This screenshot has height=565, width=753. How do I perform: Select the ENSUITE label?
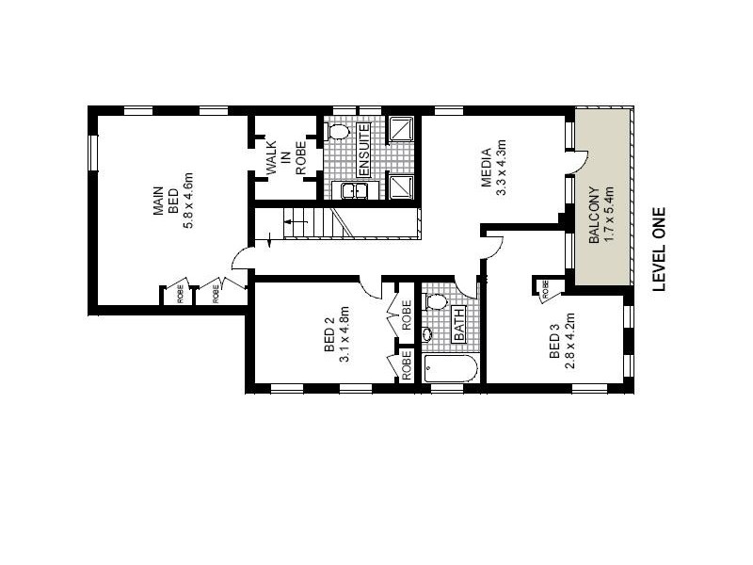click(362, 150)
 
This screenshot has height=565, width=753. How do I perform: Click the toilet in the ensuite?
click(339, 131)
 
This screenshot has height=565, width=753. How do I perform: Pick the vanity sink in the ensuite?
click(354, 191)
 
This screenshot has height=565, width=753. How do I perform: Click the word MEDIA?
click(486, 168)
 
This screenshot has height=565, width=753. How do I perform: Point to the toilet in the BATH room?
click(435, 302)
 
